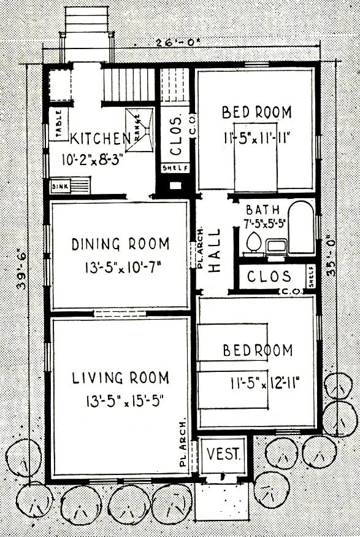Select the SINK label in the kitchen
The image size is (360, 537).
(59, 185)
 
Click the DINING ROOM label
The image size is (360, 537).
(120, 244)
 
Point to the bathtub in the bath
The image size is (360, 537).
(301, 228)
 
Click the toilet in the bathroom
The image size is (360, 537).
(251, 244)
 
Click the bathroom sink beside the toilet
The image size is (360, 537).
(275, 246)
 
